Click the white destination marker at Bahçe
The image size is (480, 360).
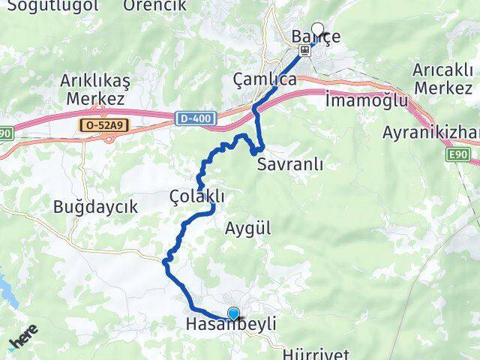(x=317, y=31)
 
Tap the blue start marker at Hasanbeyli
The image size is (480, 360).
(x=233, y=314)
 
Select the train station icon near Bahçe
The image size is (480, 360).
(x=304, y=51)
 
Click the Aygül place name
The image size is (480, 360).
(x=247, y=229)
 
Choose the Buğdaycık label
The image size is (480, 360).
(x=95, y=207)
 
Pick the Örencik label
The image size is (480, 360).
(x=154, y=5)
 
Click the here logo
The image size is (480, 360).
(x=23, y=341)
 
